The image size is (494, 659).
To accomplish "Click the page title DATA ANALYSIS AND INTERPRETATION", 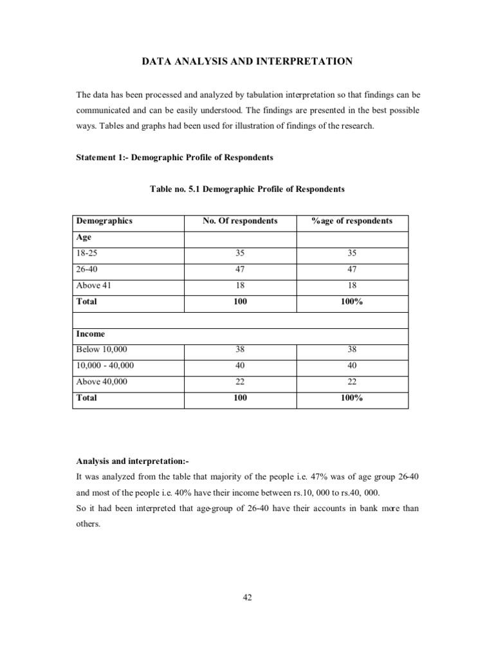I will (x=246, y=61).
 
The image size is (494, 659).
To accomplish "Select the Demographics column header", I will (x=104, y=221).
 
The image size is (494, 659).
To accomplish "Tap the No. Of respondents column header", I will (x=240, y=221).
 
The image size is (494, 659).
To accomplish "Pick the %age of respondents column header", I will (x=352, y=221).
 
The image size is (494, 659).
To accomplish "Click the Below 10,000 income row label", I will (x=97, y=349).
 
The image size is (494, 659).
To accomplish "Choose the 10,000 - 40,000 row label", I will (x=105, y=366).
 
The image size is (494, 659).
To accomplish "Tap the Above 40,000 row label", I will (x=102, y=382).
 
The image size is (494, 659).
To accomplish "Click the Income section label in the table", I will (x=91, y=334).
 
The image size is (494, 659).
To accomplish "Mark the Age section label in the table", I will (x=84, y=237).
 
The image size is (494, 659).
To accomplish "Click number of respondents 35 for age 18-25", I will (x=240, y=253).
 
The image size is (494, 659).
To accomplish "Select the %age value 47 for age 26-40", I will (x=352, y=269).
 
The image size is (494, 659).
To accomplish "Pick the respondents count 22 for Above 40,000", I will (x=240, y=382).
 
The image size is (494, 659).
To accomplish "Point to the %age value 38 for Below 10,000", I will (x=352, y=349).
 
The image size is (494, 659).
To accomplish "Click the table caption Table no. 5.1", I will (x=247, y=189).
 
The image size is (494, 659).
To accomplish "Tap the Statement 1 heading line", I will (x=174, y=158).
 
